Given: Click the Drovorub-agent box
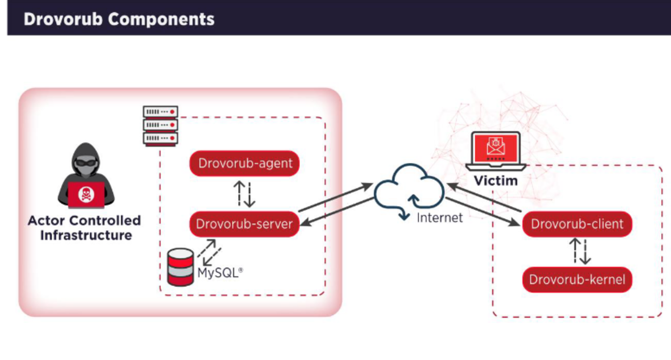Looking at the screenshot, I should coord(244,164).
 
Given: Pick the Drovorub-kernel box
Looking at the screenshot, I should coord(577,279).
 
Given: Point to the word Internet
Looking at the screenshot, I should coord(440,218).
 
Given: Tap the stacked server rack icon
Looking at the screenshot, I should coord(161,126).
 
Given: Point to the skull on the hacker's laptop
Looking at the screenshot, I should coord(86,194).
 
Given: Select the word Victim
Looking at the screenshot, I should coord(496,181).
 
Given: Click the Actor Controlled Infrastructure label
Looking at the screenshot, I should coord(85,228).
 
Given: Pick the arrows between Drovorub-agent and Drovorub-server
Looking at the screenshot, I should coord(244,194).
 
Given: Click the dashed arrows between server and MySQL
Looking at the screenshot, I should coord(209,253).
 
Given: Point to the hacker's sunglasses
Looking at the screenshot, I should coord(86,162).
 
